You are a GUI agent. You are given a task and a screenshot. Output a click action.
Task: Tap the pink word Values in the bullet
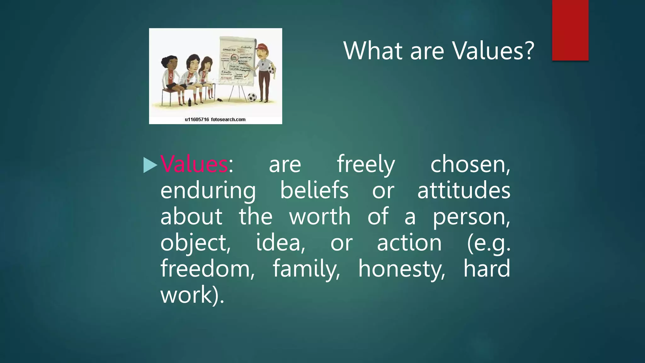tap(194, 164)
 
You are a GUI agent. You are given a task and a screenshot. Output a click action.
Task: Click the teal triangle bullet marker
tap(150, 165)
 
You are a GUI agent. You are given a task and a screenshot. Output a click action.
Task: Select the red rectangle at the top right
tap(570, 30)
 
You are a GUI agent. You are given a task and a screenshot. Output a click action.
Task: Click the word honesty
tap(402, 269)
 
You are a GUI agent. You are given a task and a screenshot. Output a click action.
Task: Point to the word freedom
tap(208, 269)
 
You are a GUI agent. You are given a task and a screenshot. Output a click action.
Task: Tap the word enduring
tap(208, 191)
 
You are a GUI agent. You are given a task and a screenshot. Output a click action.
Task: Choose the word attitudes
tap(464, 190)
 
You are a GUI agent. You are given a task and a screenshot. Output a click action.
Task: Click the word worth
tap(320, 216)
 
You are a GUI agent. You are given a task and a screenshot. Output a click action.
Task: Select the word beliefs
tap(314, 190)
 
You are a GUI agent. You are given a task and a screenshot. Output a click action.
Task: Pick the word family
tap(306, 269)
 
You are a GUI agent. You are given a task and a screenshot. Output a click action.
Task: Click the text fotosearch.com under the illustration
tap(228, 119)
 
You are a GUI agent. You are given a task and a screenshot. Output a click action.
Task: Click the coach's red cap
tap(261, 47)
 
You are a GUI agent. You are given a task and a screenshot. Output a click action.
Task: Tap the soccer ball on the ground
tap(252, 97)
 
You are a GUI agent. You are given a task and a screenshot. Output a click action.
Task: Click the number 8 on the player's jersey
tap(171, 76)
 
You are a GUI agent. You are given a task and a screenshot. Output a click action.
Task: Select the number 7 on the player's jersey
tap(204, 75)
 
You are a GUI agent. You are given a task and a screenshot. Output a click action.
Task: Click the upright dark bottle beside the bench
tap(190, 102)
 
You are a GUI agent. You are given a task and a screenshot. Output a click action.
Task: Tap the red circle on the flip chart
tap(235, 58)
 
